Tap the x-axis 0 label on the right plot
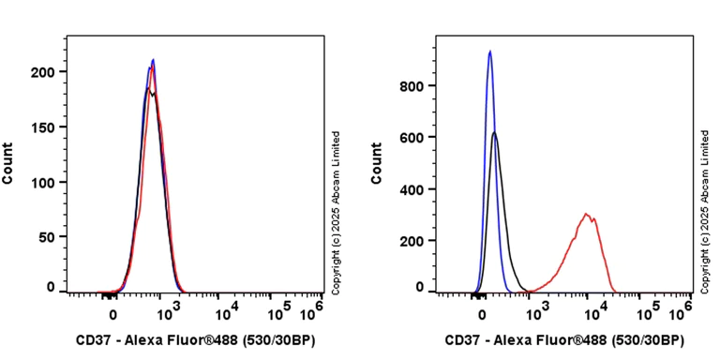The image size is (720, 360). (x=482, y=314)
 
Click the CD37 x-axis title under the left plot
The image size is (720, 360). (x=194, y=340)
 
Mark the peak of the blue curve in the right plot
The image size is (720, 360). (x=489, y=52)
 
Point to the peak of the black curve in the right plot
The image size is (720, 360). (x=495, y=133)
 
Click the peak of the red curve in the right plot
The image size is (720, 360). (x=586, y=214)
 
